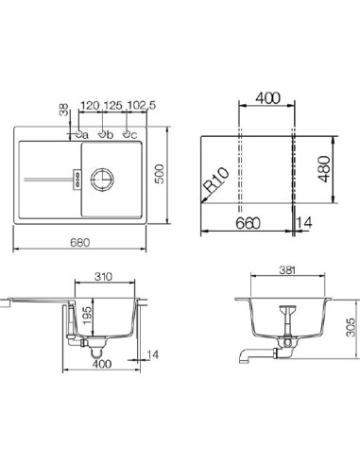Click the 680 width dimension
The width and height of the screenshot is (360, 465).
85,241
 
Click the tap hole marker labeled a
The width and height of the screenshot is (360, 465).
79,134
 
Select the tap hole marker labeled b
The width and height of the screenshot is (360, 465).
105,134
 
